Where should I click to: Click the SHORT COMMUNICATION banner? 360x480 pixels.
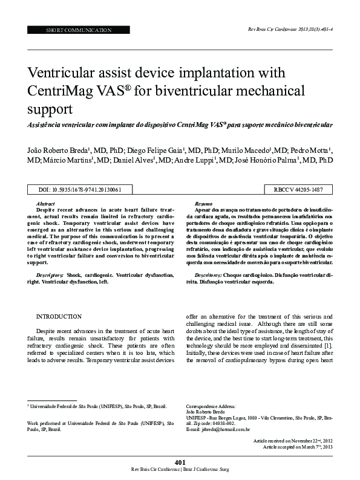tap(79, 30)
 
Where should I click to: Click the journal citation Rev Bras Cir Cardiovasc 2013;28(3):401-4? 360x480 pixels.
tap(290, 29)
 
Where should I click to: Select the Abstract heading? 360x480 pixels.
tap(46, 204)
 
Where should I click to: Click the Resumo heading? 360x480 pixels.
tap(203, 204)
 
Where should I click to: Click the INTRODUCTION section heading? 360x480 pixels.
tap(59, 316)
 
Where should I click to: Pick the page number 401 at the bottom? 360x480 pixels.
tap(180, 462)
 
